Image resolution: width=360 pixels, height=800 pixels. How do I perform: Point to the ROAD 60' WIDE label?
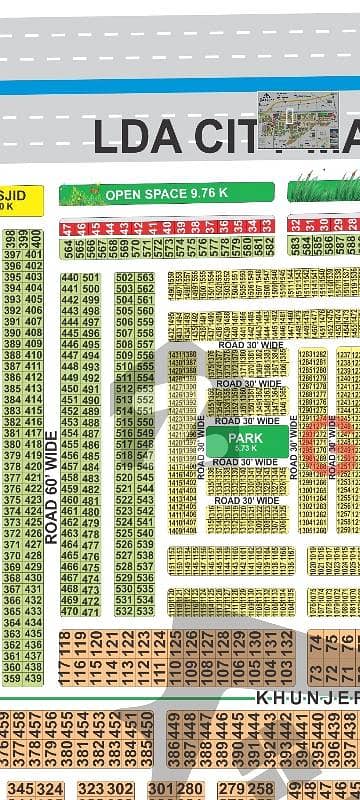(51, 487)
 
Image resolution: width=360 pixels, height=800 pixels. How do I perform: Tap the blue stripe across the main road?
(180, 87)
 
